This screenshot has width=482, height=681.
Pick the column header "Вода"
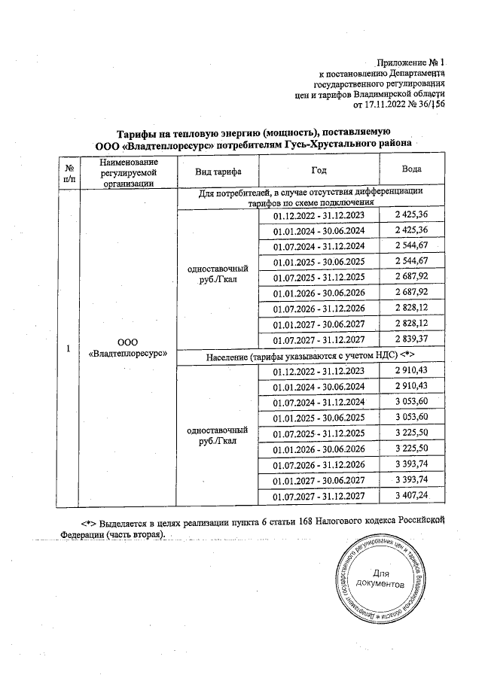(x=411, y=171)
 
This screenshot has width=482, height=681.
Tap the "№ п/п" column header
(x=69, y=171)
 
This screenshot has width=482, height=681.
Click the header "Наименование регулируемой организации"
(x=126, y=171)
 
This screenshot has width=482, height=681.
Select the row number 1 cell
(x=69, y=349)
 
